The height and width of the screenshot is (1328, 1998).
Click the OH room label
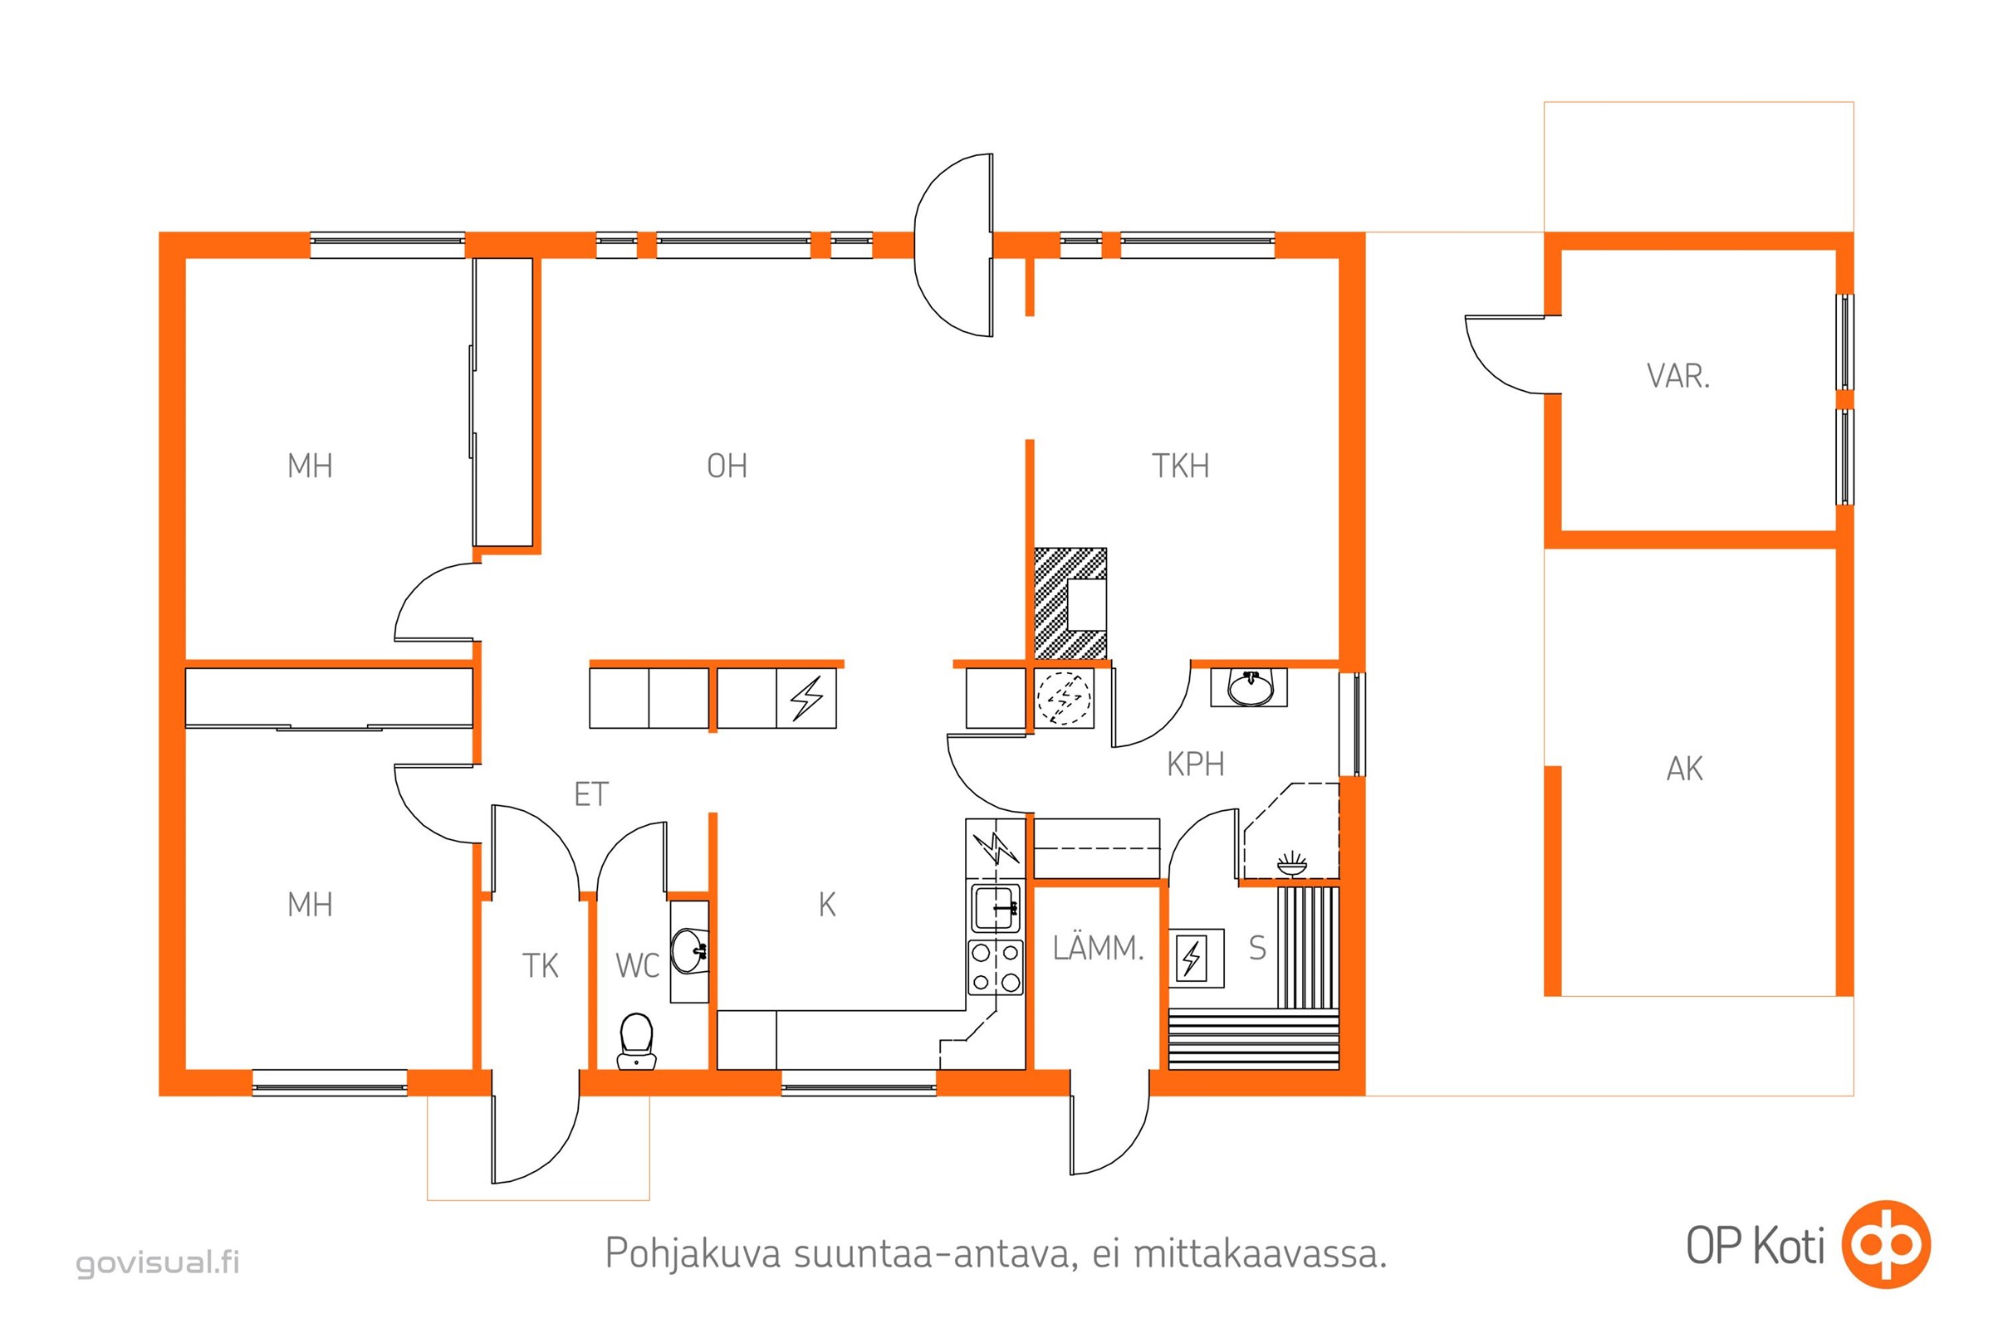point(727,466)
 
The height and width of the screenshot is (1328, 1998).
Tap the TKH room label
point(1180,466)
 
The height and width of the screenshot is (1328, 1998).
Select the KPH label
point(1196,764)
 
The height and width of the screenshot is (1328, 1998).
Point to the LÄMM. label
point(1098,948)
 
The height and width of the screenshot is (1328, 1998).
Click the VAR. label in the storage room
point(1678,376)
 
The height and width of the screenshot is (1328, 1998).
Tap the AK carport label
point(1684,769)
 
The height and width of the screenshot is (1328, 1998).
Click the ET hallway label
point(590,794)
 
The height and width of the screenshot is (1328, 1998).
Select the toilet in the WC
point(636,1041)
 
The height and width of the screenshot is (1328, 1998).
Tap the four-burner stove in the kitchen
point(996,967)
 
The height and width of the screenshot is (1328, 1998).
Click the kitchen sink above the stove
point(996,908)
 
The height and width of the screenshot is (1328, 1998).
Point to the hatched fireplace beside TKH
point(1070,603)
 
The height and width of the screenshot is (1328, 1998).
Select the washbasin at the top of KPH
point(1250,688)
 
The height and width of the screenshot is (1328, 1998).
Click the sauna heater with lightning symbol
point(1196,958)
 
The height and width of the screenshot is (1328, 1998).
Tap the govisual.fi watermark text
point(158,1262)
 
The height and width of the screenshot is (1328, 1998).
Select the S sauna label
point(1257,949)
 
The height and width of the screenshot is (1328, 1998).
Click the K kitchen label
point(827,906)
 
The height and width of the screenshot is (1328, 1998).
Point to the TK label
point(540,965)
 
